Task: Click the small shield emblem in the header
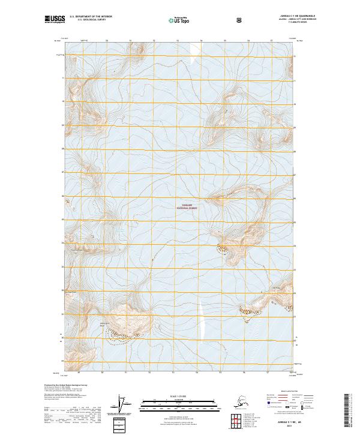tap(239, 20)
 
